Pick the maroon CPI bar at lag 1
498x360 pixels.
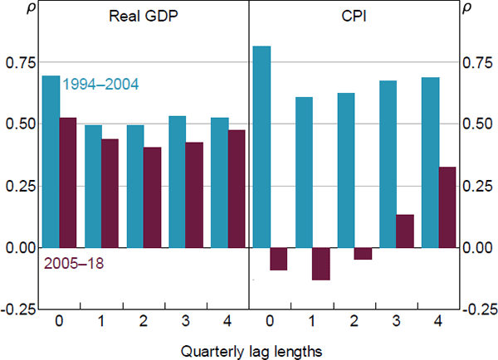click(321, 264)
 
